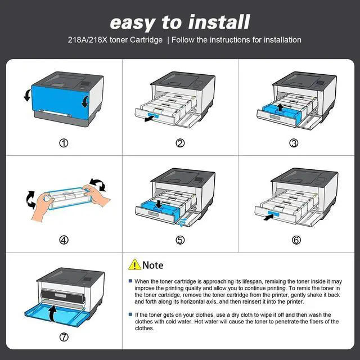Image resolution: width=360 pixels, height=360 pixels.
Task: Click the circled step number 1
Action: click(64, 143)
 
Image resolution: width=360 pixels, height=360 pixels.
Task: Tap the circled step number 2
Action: click(180, 143)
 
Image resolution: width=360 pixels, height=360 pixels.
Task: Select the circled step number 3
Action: click(294, 143)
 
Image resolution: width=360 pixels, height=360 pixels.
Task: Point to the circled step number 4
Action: click(64, 240)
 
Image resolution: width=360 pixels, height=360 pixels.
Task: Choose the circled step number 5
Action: click(180, 240)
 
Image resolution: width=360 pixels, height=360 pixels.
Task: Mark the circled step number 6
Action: click(296, 240)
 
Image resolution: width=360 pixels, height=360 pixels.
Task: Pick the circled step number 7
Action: click(64, 337)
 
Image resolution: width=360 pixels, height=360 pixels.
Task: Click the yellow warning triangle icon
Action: click(134, 264)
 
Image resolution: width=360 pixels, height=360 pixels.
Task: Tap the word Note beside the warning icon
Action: click(152, 265)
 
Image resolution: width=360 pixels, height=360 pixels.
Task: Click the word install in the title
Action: click(219, 22)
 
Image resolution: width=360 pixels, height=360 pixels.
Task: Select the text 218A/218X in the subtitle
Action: click(88, 40)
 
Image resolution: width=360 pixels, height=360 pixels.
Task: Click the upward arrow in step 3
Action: click(280, 107)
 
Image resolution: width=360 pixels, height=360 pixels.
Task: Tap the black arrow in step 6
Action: click(269, 217)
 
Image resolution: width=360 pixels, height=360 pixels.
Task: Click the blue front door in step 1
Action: click(60, 102)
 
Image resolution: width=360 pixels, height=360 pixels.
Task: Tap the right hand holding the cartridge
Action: click(96, 195)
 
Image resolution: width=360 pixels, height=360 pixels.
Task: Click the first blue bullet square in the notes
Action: click(130, 281)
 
